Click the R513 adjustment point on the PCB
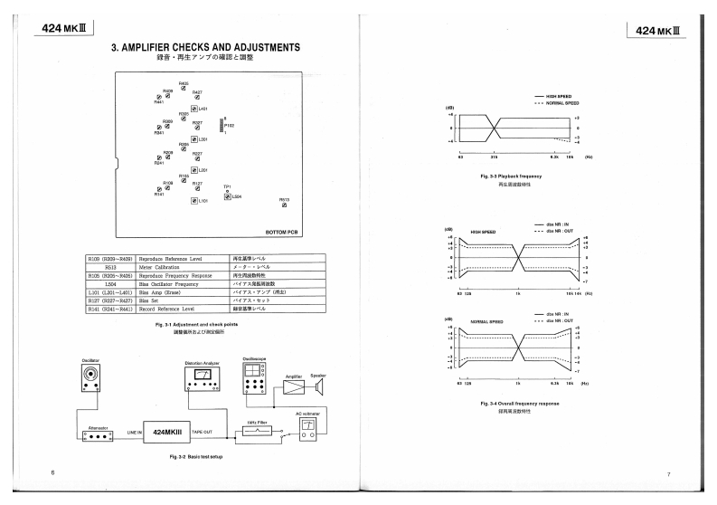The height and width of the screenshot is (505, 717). (x=284, y=206)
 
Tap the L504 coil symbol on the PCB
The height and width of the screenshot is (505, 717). (x=227, y=195)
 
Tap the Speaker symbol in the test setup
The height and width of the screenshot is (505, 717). (x=319, y=386)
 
